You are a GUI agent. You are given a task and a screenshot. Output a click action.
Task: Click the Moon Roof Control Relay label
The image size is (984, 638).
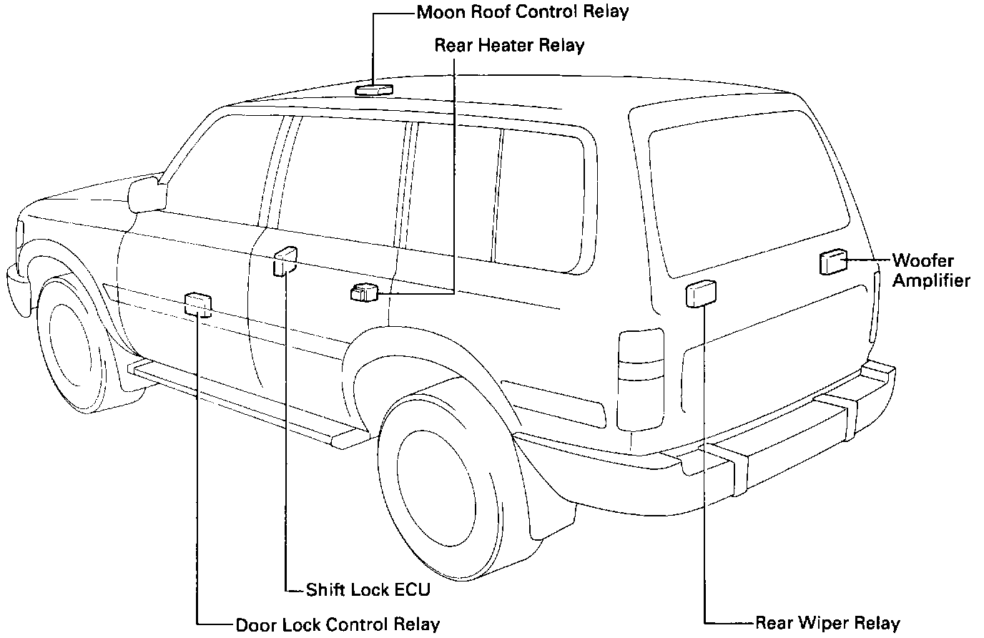pyautogui.click(x=523, y=12)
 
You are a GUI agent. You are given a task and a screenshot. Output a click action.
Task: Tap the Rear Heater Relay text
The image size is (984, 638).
pyautogui.click(x=509, y=46)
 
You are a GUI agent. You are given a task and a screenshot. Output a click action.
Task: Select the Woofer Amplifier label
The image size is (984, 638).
pyautogui.click(x=930, y=270)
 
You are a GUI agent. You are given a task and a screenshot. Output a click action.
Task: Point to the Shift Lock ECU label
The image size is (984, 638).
pyautogui.click(x=368, y=590)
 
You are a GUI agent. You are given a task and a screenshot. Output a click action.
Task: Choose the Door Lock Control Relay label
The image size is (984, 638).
pyautogui.click(x=338, y=624)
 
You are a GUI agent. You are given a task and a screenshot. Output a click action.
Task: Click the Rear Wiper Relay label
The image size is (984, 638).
pyautogui.click(x=827, y=623)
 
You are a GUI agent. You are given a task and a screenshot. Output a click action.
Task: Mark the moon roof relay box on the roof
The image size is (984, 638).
pyautogui.click(x=373, y=89)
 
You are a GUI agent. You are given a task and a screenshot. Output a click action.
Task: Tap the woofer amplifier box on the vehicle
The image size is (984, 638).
pyautogui.click(x=832, y=262)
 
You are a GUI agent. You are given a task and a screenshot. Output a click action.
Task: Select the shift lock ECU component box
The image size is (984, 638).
pyautogui.click(x=285, y=260)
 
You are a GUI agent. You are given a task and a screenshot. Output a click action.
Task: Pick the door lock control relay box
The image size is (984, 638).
pyautogui.click(x=198, y=304)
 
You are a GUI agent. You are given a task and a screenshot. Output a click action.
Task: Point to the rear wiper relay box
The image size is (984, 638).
pyautogui.click(x=701, y=293)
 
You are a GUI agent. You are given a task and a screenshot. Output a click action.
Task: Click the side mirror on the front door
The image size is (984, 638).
pyautogui.click(x=147, y=194)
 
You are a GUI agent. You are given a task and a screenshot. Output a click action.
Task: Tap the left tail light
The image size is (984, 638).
pyautogui.click(x=641, y=379)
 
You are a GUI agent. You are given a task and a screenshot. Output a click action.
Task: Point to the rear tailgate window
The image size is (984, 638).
pyautogui.click(x=747, y=200)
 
